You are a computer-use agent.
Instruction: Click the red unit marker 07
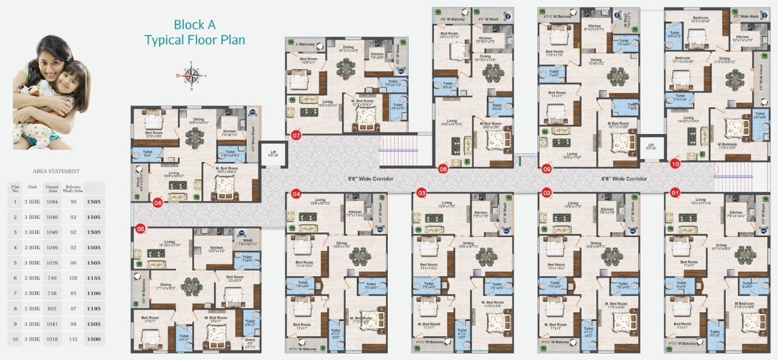coord(296,136)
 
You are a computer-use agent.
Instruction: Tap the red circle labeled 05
coord(140,228)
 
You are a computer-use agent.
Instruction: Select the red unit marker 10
coord(675,164)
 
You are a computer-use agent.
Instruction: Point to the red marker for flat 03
coord(422,193)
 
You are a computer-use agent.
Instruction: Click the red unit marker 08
coord(443,170)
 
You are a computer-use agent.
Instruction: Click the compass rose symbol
coord(192,75)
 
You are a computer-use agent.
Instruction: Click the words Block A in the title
coord(190,24)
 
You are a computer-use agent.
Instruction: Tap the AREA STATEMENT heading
coord(56,171)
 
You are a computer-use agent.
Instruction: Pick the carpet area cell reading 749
coord(52,278)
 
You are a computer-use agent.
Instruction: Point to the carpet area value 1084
coord(52,202)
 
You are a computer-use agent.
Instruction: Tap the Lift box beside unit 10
coord(649,147)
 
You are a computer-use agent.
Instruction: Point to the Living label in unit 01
coord(700,200)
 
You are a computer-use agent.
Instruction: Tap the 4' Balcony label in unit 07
coord(305,44)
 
